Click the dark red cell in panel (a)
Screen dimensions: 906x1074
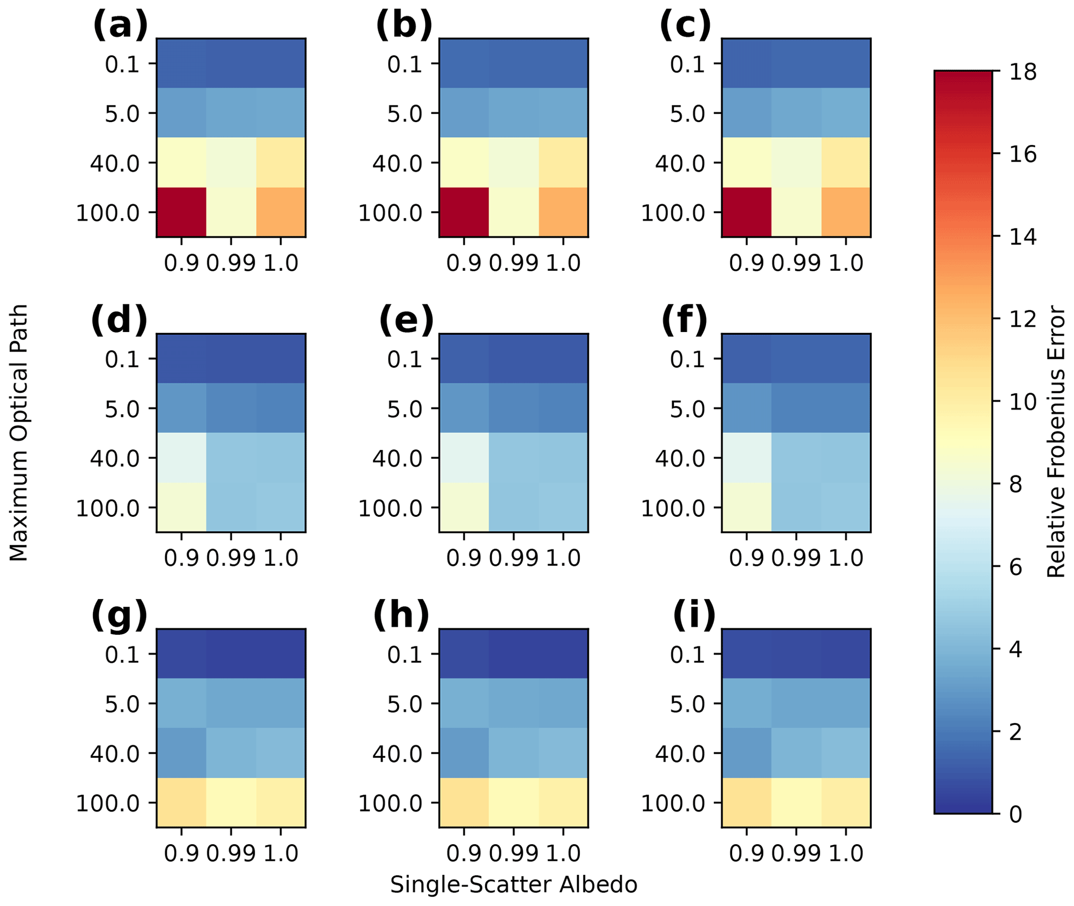pyautogui.click(x=181, y=212)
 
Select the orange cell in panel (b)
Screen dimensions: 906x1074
pyautogui.click(x=563, y=212)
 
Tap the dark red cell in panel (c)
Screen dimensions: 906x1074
pyautogui.click(x=746, y=212)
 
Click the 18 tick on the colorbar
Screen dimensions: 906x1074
pyautogui.click(x=1022, y=72)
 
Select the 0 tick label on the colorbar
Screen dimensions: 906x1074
pyautogui.click(x=1015, y=815)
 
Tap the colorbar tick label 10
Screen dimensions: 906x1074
pyautogui.click(x=1022, y=402)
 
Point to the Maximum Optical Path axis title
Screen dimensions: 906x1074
pyautogui.click(x=19, y=433)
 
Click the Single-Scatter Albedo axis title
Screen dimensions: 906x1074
pyautogui.click(x=513, y=885)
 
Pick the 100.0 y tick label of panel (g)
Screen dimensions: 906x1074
pyautogui.click(x=108, y=804)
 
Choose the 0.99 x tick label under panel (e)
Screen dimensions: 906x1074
pyautogui.click(x=513, y=558)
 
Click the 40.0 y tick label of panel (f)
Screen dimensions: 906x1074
pyautogui.click(x=680, y=458)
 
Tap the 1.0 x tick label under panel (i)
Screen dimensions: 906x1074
pyautogui.click(x=845, y=854)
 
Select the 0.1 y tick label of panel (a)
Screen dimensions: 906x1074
pyautogui.click(x=123, y=64)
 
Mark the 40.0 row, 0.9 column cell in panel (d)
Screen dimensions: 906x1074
pyautogui.click(x=181, y=458)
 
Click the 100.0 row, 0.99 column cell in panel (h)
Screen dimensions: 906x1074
pyautogui.click(x=513, y=803)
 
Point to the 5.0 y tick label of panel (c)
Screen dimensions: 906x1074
pyautogui.click(x=687, y=114)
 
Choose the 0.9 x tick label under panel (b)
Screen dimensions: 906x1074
pyautogui.click(x=463, y=263)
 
